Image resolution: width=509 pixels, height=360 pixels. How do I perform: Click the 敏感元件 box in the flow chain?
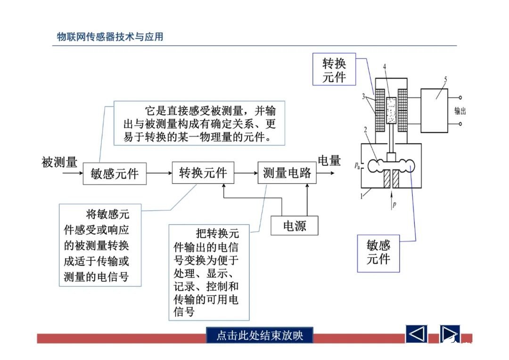pos(115,173)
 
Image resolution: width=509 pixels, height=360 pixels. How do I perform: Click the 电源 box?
pos(295,226)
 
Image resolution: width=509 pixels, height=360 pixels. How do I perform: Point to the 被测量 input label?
pos(59,163)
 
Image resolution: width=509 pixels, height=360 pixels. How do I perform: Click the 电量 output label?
pos(329,161)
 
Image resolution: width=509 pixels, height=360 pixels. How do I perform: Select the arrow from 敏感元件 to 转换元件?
pos(159,173)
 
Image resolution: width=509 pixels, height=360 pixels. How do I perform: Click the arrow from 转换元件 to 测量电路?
pos(246,173)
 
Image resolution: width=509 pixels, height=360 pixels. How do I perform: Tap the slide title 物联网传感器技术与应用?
pos(110,37)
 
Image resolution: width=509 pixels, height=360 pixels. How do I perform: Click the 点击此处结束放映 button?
pos(259,335)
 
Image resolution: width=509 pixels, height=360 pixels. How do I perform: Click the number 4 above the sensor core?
pos(385,67)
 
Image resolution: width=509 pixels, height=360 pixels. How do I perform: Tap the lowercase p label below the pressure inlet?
pos(394,205)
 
